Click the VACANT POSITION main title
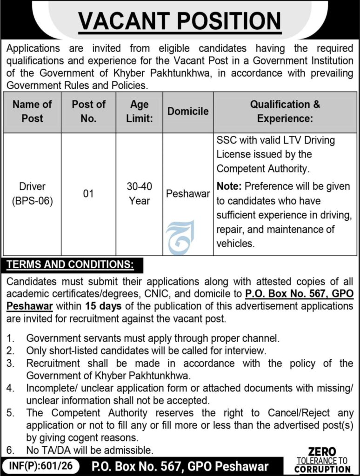[x=180, y=20]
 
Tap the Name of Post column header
[x=32, y=111]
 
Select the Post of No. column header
[x=88, y=111]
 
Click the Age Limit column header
[x=140, y=111]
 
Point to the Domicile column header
[x=188, y=111]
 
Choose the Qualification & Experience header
[x=285, y=111]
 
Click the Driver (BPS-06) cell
[x=32, y=194]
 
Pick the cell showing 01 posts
[x=88, y=193]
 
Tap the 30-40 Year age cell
[x=140, y=193]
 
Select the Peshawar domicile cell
[x=188, y=193]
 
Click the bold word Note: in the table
[x=229, y=186]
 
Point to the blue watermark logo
[x=180, y=238]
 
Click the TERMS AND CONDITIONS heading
[x=70, y=265]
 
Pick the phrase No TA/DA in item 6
[x=45, y=450]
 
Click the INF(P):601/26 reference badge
[x=40, y=465]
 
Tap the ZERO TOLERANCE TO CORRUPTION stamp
[x=322, y=460]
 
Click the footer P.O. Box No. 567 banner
[x=180, y=466]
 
